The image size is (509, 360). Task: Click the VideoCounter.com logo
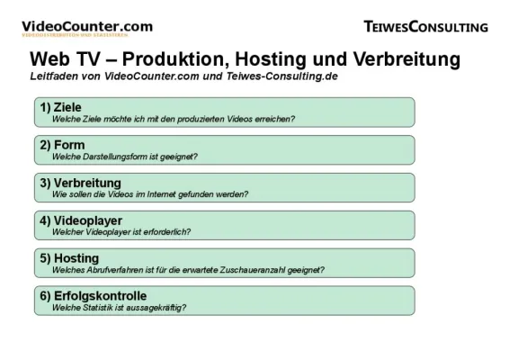pyautogui.click(x=86, y=28)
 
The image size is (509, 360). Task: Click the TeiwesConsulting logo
pyautogui.click(x=426, y=27)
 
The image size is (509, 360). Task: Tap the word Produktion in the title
pyautogui.click(x=160, y=59)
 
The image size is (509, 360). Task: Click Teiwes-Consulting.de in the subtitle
pyautogui.click(x=269, y=76)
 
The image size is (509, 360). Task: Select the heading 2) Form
pyautogui.click(x=62, y=145)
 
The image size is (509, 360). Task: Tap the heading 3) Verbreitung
pyautogui.click(x=82, y=183)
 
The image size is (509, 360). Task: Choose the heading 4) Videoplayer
pyautogui.click(x=82, y=220)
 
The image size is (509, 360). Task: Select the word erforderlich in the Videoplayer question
pyautogui.click(x=161, y=232)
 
